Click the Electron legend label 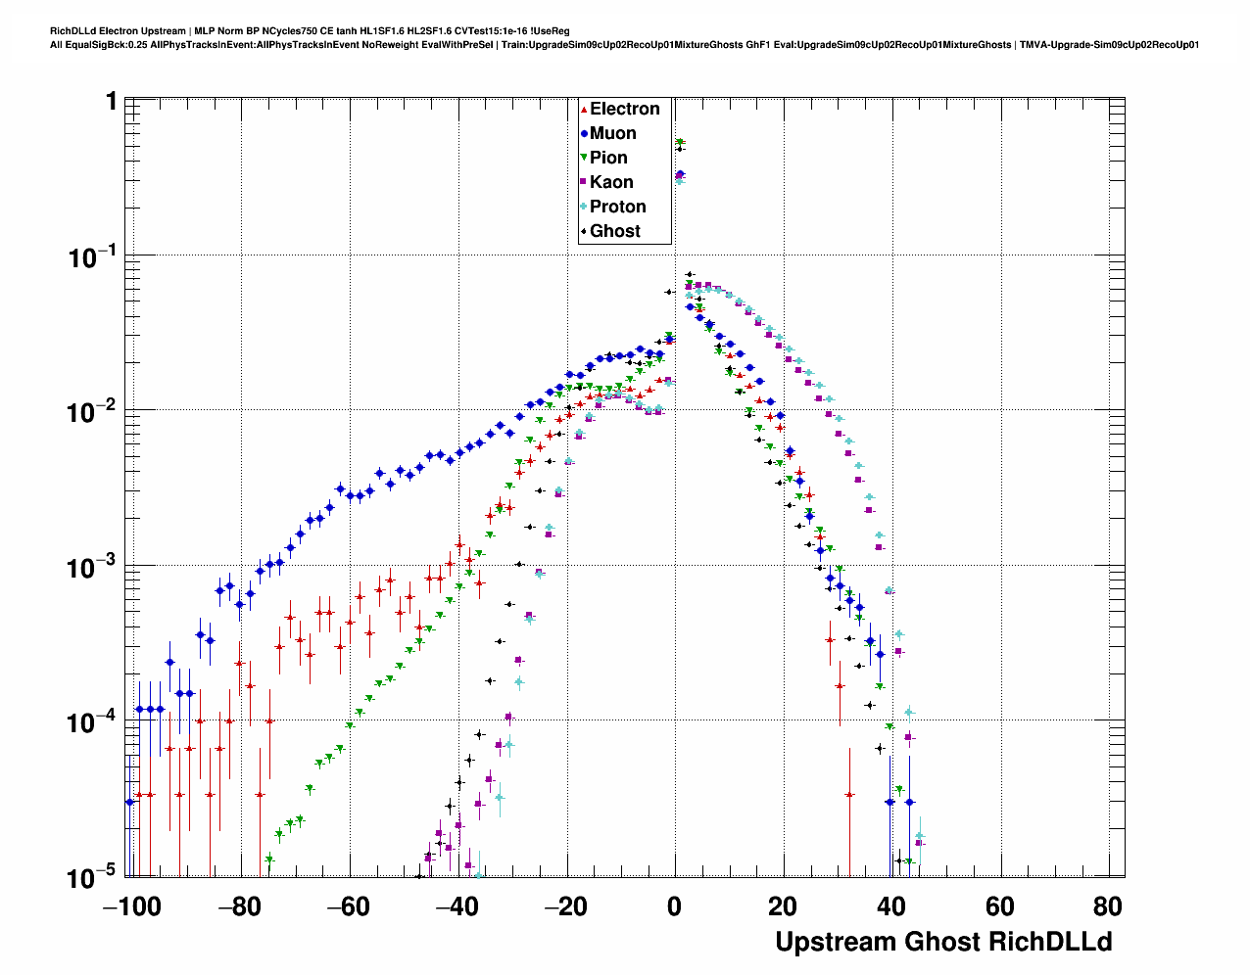[x=624, y=109]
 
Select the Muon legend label [x=612, y=133]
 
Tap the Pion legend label [x=608, y=158]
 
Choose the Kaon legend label [x=611, y=182]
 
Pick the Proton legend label [x=617, y=207]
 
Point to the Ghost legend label [x=614, y=231]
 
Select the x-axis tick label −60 [x=349, y=906]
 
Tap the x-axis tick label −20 [x=565, y=906]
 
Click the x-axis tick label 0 [x=674, y=906]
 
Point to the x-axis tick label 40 [x=891, y=906]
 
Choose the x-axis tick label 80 [x=1108, y=906]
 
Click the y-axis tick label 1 [x=111, y=103]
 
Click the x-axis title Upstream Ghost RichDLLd [x=943, y=942]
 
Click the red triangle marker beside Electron [x=584, y=110]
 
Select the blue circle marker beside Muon [x=584, y=134]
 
